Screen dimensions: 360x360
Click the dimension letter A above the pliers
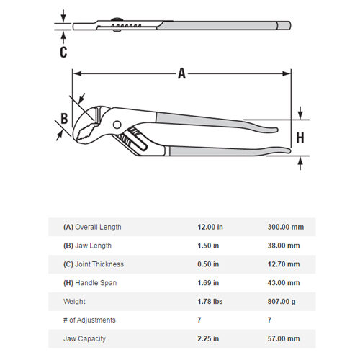pyautogui.click(x=181, y=72)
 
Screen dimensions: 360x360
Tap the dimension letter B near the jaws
pyautogui.click(x=63, y=119)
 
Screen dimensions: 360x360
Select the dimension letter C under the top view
pyautogui.click(x=63, y=51)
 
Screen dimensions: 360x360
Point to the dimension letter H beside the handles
pyautogui.click(x=300, y=138)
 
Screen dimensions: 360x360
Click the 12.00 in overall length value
pyautogui.click(x=210, y=227)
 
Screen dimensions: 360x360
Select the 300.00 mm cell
pyautogui.click(x=287, y=227)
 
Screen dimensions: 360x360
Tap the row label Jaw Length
pyautogui.click(x=91, y=246)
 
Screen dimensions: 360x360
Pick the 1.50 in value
pyautogui.click(x=209, y=246)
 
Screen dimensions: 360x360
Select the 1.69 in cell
pyautogui.click(x=209, y=283)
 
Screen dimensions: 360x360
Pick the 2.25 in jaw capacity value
pyautogui.click(x=209, y=338)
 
